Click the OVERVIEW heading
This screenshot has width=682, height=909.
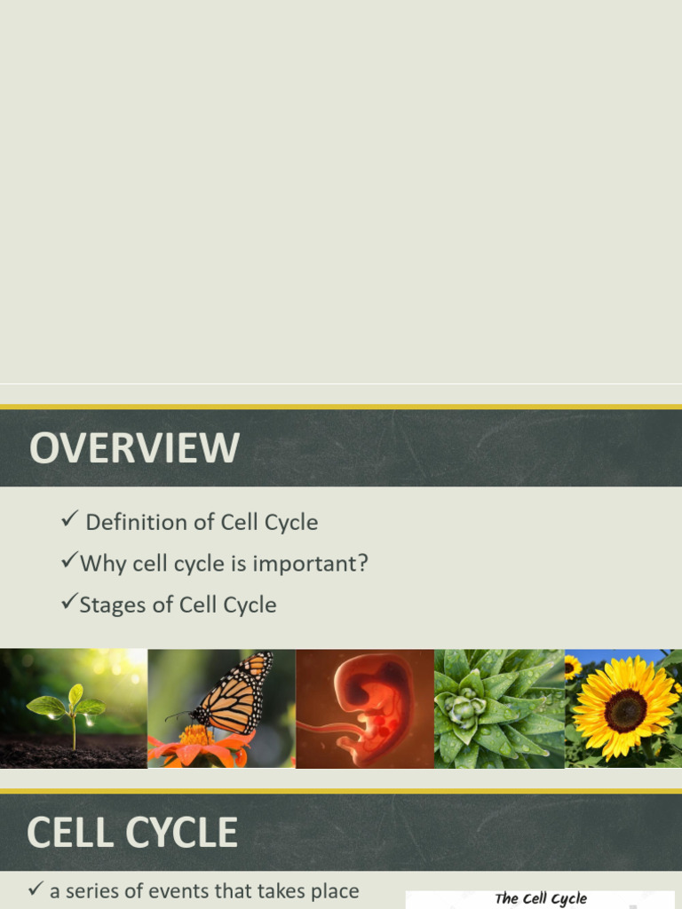[x=134, y=448]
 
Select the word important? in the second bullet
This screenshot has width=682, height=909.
[x=322, y=564]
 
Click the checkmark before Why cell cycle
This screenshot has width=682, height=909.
[x=68, y=562]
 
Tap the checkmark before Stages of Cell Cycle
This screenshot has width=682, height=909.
[x=68, y=604]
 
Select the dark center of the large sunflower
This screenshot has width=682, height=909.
[x=625, y=709]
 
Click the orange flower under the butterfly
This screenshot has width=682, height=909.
[x=199, y=744]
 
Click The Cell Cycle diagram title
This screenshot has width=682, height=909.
[x=541, y=898]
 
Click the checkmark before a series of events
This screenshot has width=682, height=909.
[x=36, y=889]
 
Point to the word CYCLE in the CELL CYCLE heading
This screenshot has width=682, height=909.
[x=181, y=833]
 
